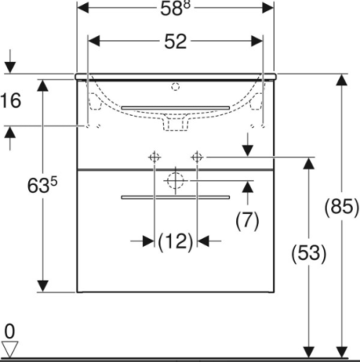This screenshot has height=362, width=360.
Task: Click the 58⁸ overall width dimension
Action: tap(175, 8)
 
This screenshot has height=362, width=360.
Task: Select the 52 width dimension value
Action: tap(175, 42)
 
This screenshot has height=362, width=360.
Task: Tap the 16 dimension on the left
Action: tap(10, 101)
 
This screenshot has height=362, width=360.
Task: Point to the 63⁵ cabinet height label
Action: tap(43, 185)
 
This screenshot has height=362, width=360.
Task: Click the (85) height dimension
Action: tap(342, 207)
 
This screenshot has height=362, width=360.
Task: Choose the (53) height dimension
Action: tap(309, 253)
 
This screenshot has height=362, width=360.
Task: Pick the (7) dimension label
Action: tap(247, 220)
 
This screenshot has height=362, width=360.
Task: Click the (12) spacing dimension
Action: tap(175, 241)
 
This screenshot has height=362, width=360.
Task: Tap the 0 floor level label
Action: tap(10, 331)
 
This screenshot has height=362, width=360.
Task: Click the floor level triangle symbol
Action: tap(10, 348)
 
